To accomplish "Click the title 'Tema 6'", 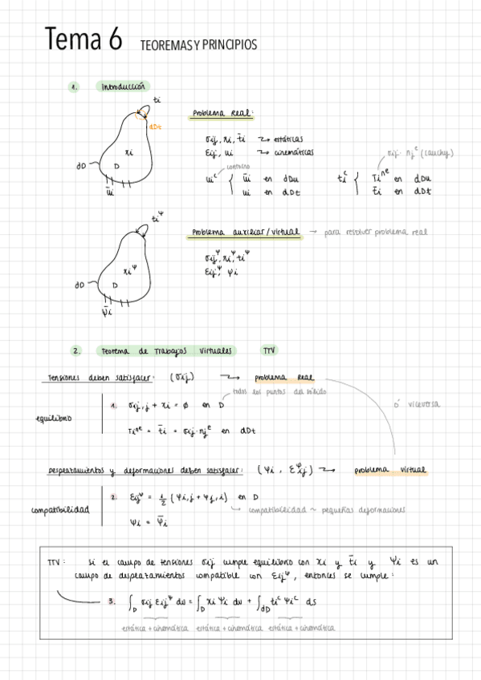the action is pos(84,38).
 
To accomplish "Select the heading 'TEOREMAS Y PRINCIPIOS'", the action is pos(198,46).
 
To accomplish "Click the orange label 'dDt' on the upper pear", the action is pos(156,127).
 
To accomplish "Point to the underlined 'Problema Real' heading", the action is pos(222,114).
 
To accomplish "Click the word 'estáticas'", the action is pos(287,139).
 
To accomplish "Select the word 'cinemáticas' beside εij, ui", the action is pos(293,152).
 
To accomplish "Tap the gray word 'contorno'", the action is pos(233,166).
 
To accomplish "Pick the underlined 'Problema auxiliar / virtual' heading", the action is pos(246,233).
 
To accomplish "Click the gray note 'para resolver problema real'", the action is pos(377,233).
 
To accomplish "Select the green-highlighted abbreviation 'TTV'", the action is pos(269,351).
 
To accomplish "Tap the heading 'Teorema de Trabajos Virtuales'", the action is pos(166,351).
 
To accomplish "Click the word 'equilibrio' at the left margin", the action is pos(53,418).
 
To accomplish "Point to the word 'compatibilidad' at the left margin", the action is pos(59,509).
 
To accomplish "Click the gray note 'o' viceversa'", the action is pos(417,405).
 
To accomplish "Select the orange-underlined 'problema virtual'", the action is pos(391,470).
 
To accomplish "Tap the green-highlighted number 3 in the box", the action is pos(111,601).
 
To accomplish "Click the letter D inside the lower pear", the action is pos(115,285).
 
